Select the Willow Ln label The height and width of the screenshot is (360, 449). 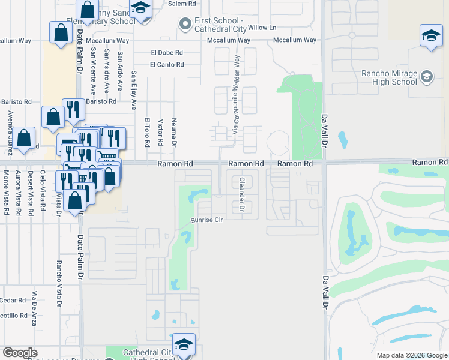coord(262,28)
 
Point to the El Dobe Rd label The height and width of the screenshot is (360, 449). coord(167,52)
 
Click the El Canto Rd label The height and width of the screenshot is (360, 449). coord(167,64)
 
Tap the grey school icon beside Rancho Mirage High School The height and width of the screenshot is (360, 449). coord(426,76)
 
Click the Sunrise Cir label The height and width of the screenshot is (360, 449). coord(206,220)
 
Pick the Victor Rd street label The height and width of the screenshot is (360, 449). coord(160,133)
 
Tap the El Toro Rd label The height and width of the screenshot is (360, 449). coord(146,132)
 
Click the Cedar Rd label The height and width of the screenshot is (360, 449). coord(13,300)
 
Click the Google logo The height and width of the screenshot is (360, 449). coord(20,353)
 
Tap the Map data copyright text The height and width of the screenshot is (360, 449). coord(411,355)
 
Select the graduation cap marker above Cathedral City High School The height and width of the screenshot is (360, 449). coord(184,344)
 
